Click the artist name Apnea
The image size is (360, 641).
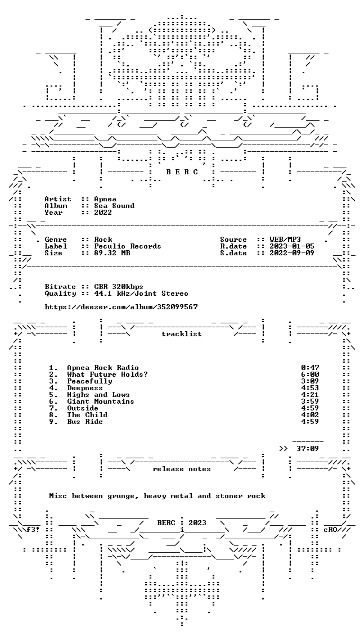(105, 199)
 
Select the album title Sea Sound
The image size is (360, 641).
(114, 206)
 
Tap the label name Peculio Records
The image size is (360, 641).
(128, 246)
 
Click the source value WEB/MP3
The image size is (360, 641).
(285, 240)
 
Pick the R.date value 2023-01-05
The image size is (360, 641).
(292, 246)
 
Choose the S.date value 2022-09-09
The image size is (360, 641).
(292, 253)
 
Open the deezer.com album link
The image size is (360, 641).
(121, 306)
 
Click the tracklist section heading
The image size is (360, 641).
(182, 334)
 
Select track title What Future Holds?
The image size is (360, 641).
(107, 374)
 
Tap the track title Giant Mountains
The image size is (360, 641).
(101, 401)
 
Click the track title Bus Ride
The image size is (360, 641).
(85, 422)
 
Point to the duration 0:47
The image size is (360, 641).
(310, 368)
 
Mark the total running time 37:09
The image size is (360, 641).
(308, 449)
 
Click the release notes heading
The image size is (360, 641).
(182, 469)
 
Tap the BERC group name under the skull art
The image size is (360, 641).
(182, 172)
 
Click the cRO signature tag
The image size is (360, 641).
(330, 530)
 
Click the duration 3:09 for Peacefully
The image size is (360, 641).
(310, 381)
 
